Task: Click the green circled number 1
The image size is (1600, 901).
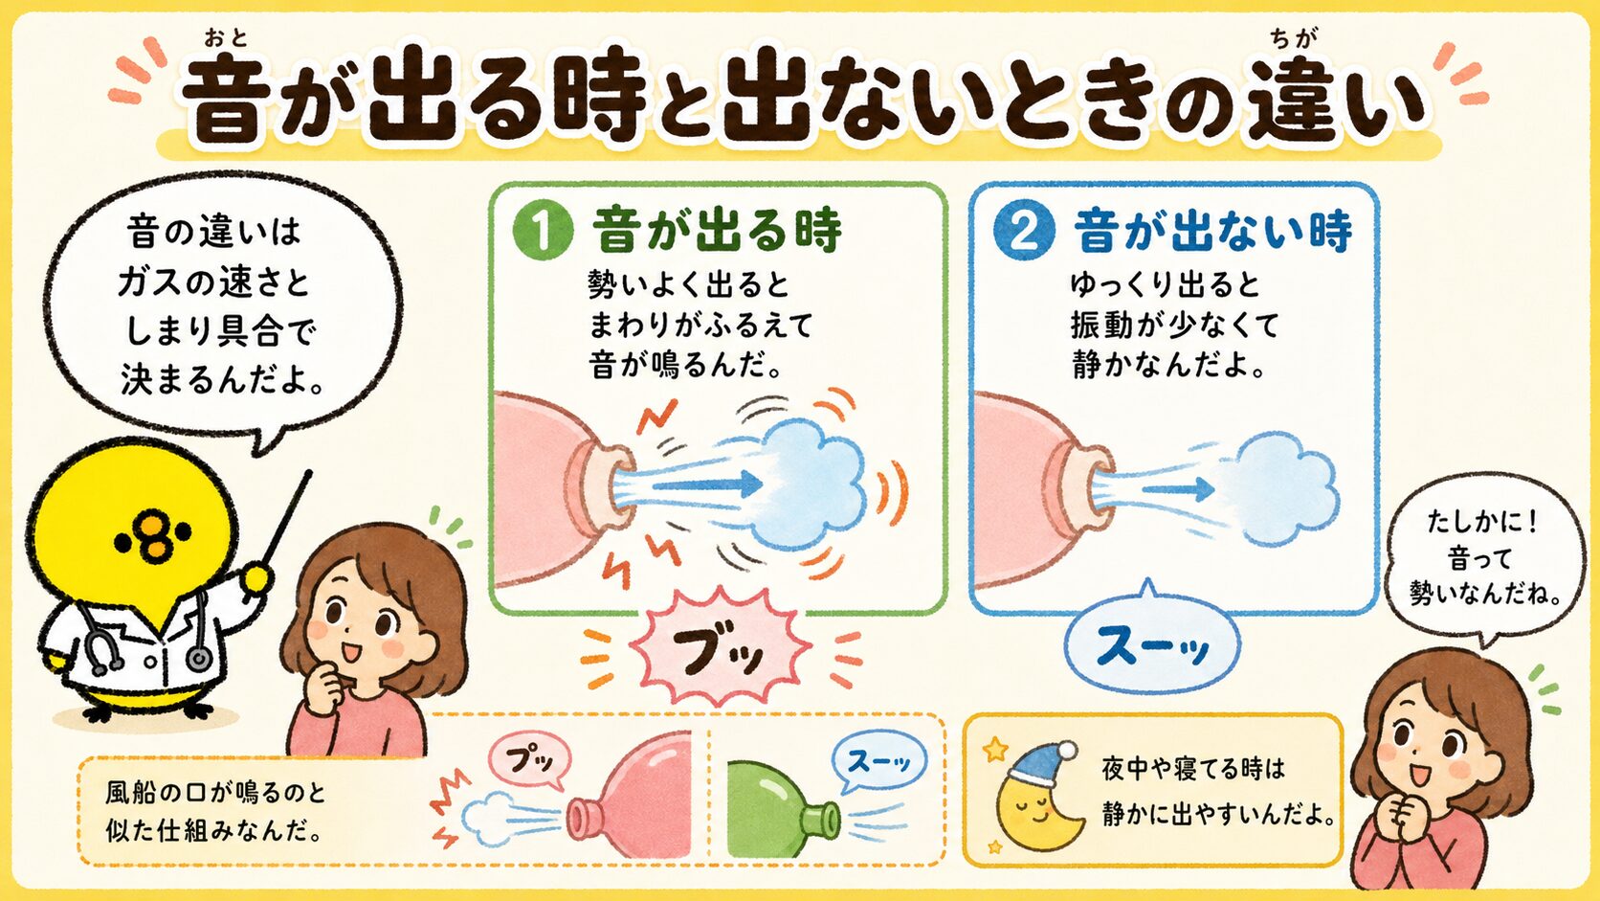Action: [543, 230]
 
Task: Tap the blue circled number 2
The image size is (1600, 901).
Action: [1024, 230]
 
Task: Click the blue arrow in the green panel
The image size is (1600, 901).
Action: [707, 484]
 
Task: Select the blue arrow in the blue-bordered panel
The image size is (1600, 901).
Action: [1178, 489]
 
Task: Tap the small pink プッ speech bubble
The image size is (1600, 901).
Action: [529, 760]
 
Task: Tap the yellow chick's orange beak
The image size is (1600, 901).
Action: [153, 537]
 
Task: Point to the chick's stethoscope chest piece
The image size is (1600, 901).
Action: [199, 656]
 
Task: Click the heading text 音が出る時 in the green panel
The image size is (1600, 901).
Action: [717, 231]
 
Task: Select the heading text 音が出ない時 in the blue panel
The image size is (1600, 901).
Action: [1212, 231]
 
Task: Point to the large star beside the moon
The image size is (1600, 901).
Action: [995, 750]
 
